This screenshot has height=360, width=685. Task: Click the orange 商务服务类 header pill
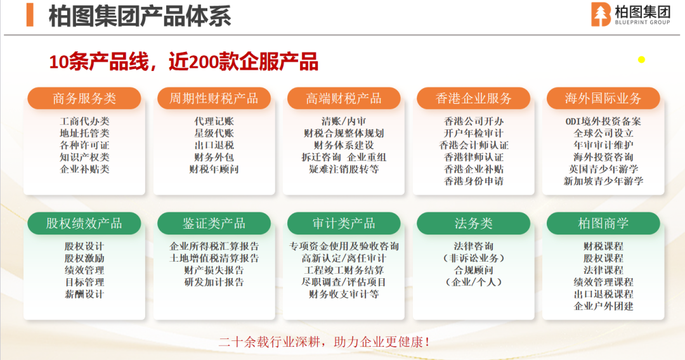click(x=84, y=98)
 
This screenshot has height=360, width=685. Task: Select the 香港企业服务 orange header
click(x=474, y=98)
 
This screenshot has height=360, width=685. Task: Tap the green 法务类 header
click(x=474, y=224)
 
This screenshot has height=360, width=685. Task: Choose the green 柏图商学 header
click(x=603, y=224)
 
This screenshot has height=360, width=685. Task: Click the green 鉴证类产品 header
click(x=214, y=224)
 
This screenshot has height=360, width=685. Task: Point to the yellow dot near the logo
click(x=641, y=60)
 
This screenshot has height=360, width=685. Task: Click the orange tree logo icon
click(x=601, y=15)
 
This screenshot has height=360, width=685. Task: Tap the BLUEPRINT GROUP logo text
click(x=642, y=22)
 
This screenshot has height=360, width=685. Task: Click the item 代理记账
click(x=214, y=121)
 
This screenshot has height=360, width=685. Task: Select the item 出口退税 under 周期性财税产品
click(x=214, y=145)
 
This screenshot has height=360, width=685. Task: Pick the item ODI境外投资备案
click(x=603, y=121)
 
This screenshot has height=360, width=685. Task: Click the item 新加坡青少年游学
click(x=603, y=181)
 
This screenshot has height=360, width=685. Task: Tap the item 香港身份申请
click(x=474, y=181)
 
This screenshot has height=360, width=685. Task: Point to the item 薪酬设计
click(x=84, y=295)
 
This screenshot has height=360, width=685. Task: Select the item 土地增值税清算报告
click(x=214, y=259)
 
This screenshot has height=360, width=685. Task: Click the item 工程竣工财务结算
click(x=344, y=271)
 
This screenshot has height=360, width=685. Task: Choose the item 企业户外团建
click(x=603, y=306)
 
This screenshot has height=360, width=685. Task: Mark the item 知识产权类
click(x=84, y=157)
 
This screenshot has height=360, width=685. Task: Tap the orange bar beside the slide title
click(x=30, y=15)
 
